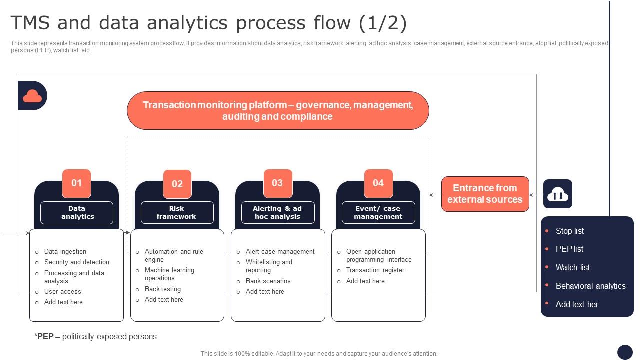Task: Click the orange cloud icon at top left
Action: click(x=32, y=96)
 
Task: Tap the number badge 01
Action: click(x=76, y=183)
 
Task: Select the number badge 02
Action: click(x=177, y=184)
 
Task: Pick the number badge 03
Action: click(x=277, y=183)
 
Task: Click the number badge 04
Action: click(x=378, y=183)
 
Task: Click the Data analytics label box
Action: click(x=77, y=213)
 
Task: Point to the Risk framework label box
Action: click(x=177, y=213)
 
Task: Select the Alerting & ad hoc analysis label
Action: click(x=278, y=213)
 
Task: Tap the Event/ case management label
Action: click(x=378, y=213)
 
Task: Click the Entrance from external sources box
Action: click(x=485, y=194)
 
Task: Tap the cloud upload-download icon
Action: click(x=558, y=194)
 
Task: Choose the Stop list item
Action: click(x=569, y=231)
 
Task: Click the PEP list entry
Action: click(x=569, y=249)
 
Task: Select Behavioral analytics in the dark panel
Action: click(x=590, y=286)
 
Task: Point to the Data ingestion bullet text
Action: click(x=65, y=252)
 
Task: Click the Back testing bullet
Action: click(x=163, y=289)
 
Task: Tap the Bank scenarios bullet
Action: click(x=268, y=281)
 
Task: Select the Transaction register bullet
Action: click(x=375, y=270)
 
